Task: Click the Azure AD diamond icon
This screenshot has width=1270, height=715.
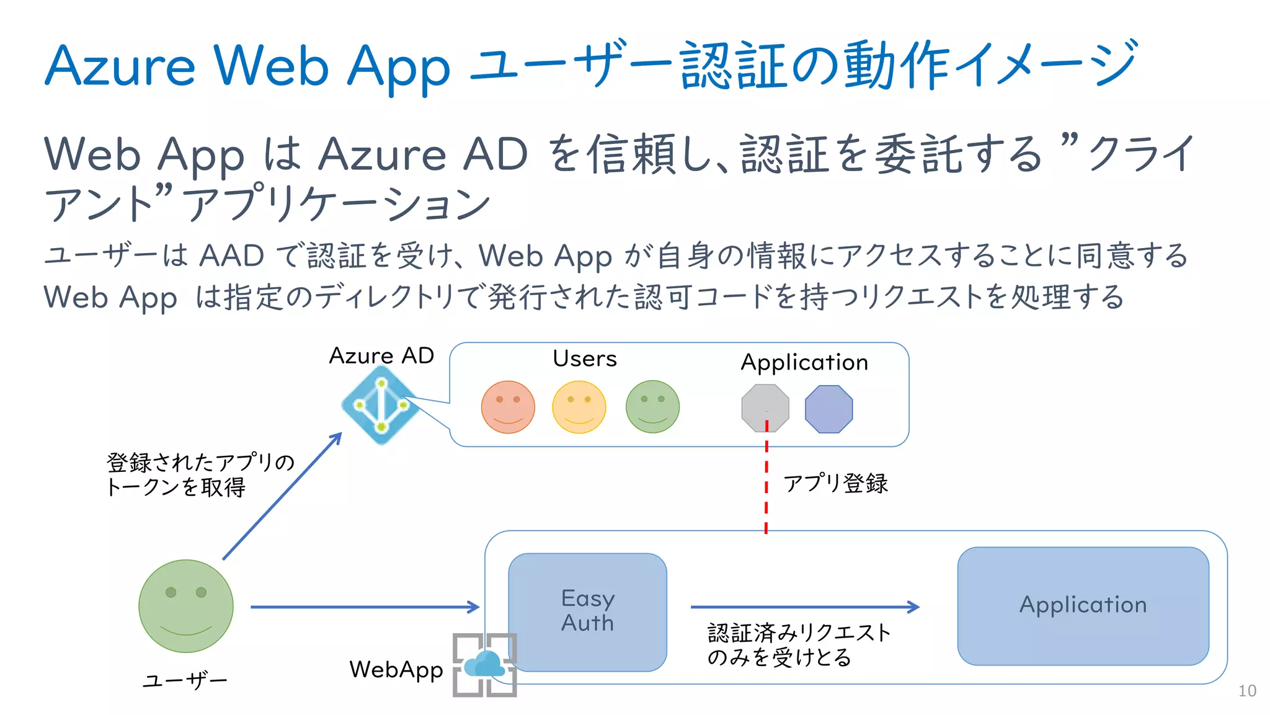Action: [x=380, y=405]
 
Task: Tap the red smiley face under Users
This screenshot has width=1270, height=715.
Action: [x=508, y=407]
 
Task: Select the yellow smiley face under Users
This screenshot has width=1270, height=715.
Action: [x=579, y=407]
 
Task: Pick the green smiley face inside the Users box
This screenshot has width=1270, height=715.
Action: [x=652, y=407]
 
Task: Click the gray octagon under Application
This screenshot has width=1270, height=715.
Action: [x=765, y=407]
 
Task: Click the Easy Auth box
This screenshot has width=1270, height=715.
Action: [x=587, y=611]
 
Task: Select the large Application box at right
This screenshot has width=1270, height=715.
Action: [x=1083, y=605]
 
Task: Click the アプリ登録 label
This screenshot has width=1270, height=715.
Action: [x=835, y=484]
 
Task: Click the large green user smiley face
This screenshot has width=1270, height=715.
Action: [x=186, y=606]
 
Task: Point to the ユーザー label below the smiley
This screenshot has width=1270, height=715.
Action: [x=185, y=681]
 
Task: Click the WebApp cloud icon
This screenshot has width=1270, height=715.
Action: [x=484, y=665]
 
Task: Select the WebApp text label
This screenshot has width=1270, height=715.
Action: [x=396, y=670]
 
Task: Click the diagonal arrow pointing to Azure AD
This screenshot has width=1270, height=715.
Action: [x=282, y=496]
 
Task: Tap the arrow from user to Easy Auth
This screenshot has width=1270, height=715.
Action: [x=365, y=606]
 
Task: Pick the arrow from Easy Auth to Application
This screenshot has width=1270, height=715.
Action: [x=804, y=606]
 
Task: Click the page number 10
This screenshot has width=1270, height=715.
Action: [x=1246, y=691]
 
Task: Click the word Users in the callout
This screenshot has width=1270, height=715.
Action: [x=584, y=358]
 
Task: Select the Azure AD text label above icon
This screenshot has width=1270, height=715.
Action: [x=381, y=356]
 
